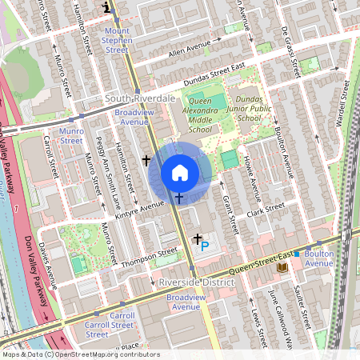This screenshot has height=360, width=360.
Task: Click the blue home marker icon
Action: tap(180, 172)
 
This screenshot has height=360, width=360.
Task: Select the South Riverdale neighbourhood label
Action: tap(140, 98)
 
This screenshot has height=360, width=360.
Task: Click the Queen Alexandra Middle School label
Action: tap(190, 114)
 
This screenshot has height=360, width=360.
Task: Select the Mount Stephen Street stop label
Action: tap(117, 40)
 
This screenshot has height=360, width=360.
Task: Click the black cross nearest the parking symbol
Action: tap(197, 238)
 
